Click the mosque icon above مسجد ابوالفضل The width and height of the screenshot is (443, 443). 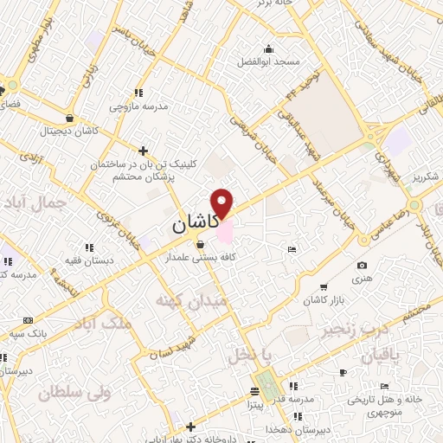click(269, 48)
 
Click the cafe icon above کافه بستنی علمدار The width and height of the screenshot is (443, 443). click(201, 244)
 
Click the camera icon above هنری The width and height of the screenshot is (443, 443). click(362, 265)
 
